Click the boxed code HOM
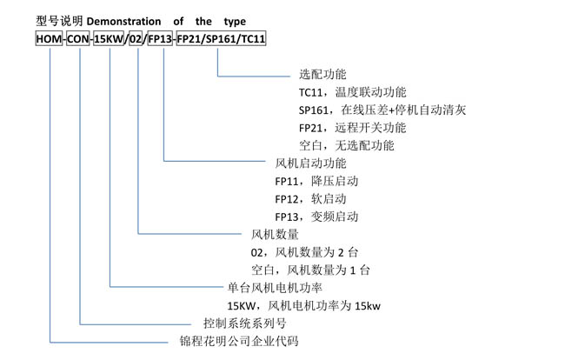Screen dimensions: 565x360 point(49,38)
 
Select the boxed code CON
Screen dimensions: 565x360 point(78,38)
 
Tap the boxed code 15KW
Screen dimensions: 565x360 point(109,38)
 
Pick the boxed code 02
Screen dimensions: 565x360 point(136,38)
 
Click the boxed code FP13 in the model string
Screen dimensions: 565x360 point(160,38)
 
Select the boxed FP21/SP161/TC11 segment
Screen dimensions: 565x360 point(222,38)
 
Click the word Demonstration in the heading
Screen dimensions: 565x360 point(123,21)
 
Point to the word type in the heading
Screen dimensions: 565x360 point(235,22)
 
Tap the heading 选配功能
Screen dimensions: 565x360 point(322,74)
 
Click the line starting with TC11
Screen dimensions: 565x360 point(352,92)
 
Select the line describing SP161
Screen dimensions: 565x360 point(382,110)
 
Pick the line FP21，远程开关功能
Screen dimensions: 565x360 point(352,128)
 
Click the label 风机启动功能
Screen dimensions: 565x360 point(310,163)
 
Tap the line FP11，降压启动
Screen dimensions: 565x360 point(316,181)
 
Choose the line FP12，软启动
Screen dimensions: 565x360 point(310,198)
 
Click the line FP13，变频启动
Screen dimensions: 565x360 point(316,217)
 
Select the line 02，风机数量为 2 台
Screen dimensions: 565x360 point(304,252)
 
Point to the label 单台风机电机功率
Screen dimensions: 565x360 point(275,288)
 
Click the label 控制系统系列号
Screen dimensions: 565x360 point(244,323)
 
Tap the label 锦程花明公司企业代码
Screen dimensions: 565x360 point(239,341)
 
